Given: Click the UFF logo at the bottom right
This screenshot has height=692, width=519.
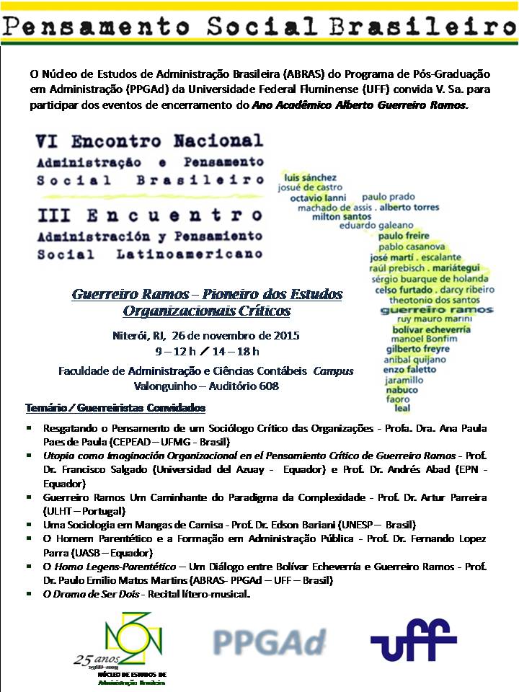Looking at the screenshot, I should pos(413,639).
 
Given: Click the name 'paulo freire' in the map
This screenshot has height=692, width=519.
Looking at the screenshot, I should pos(403,236).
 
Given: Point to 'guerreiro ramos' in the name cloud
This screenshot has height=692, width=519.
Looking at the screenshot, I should pos(437,309).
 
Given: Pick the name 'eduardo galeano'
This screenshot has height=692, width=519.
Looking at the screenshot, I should pos(377,225).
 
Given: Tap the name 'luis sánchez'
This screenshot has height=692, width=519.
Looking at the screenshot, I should pos(310,177).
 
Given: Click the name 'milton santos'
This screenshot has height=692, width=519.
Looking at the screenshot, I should pos(337,216).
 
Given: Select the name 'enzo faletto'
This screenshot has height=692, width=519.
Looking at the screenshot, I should pos(409,369).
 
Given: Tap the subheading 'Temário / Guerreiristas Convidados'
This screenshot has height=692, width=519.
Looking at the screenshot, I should pos(115,408).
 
